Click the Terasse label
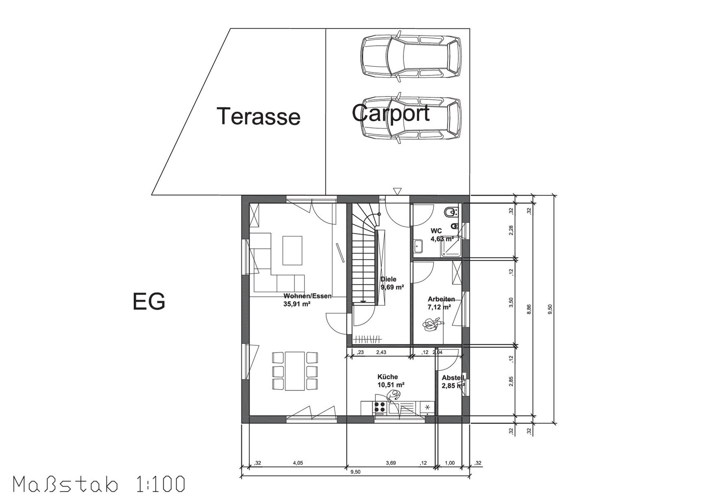tap(258, 117)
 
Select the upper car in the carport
tap(411, 57)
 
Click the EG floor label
tap(148, 301)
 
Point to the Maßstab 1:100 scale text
tap(99, 485)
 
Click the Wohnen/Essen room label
tap(307, 296)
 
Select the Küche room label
tap(388, 377)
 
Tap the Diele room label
tap(388, 279)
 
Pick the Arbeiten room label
tap(441, 299)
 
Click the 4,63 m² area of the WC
tap(442, 239)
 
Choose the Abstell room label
tap(453, 378)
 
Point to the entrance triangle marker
tap(397, 191)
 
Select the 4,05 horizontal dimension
tap(298, 463)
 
